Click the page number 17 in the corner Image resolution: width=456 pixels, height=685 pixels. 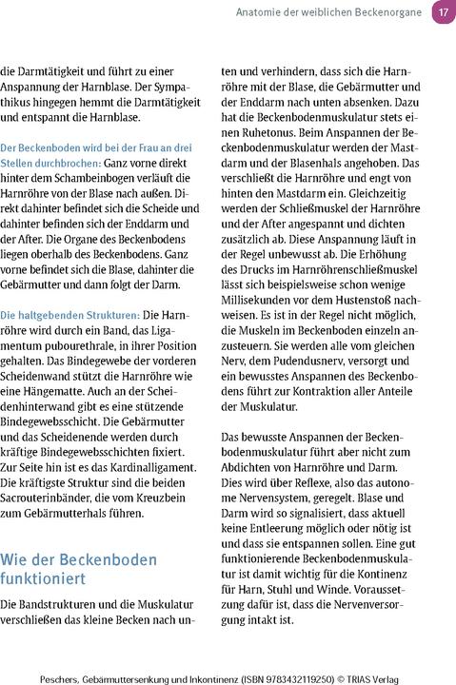click(x=443, y=12)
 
